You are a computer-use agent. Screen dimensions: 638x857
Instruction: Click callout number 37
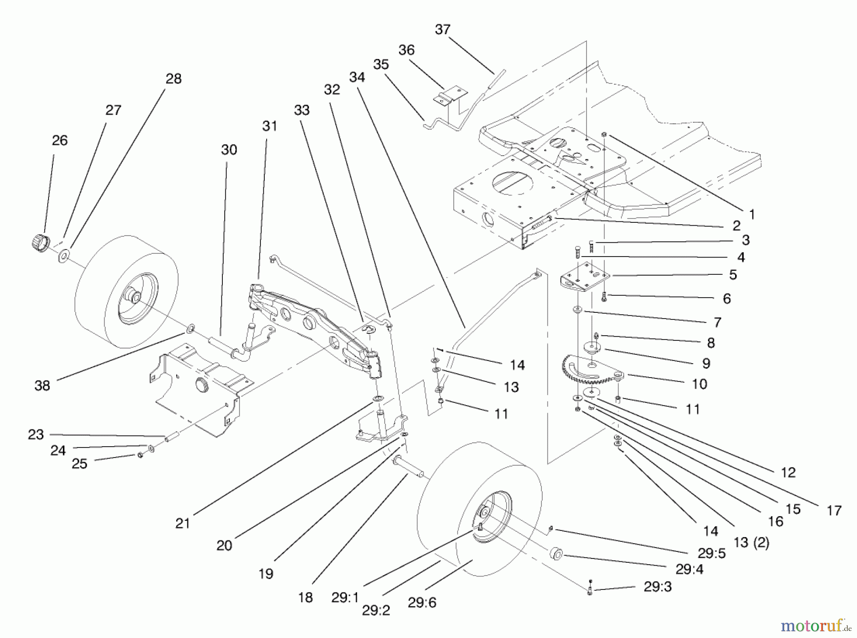pos(442,30)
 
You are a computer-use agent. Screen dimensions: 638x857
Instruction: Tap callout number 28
pos(173,79)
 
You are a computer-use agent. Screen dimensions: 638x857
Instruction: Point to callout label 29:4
pos(689,569)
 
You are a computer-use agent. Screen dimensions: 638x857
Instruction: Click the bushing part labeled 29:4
pos(556,554)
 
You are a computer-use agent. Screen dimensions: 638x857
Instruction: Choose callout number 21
pos(183,523)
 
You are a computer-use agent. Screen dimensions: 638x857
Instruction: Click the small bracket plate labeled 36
pos(449,94)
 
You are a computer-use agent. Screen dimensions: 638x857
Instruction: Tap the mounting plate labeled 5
pos(585,279)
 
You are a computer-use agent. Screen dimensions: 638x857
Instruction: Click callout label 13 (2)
pos(751,543)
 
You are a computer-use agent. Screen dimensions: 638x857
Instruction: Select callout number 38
pos(42,385)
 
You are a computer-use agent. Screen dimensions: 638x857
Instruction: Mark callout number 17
pos(834,511)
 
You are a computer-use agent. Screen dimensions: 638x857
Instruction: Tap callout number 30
pos(229,150)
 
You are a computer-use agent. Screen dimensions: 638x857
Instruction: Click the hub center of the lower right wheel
pos(484,512)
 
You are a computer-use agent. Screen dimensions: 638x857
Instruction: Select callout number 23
pos(36,434)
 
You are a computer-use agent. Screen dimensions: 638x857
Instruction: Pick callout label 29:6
pos(422,603)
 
